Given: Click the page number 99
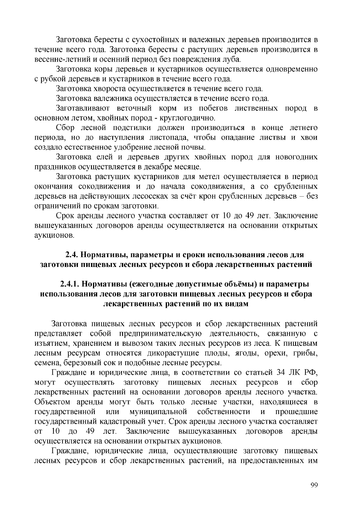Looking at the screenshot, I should (313, 485).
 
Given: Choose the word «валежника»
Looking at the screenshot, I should (113, 98).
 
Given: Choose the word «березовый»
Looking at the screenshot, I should (85, 363).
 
